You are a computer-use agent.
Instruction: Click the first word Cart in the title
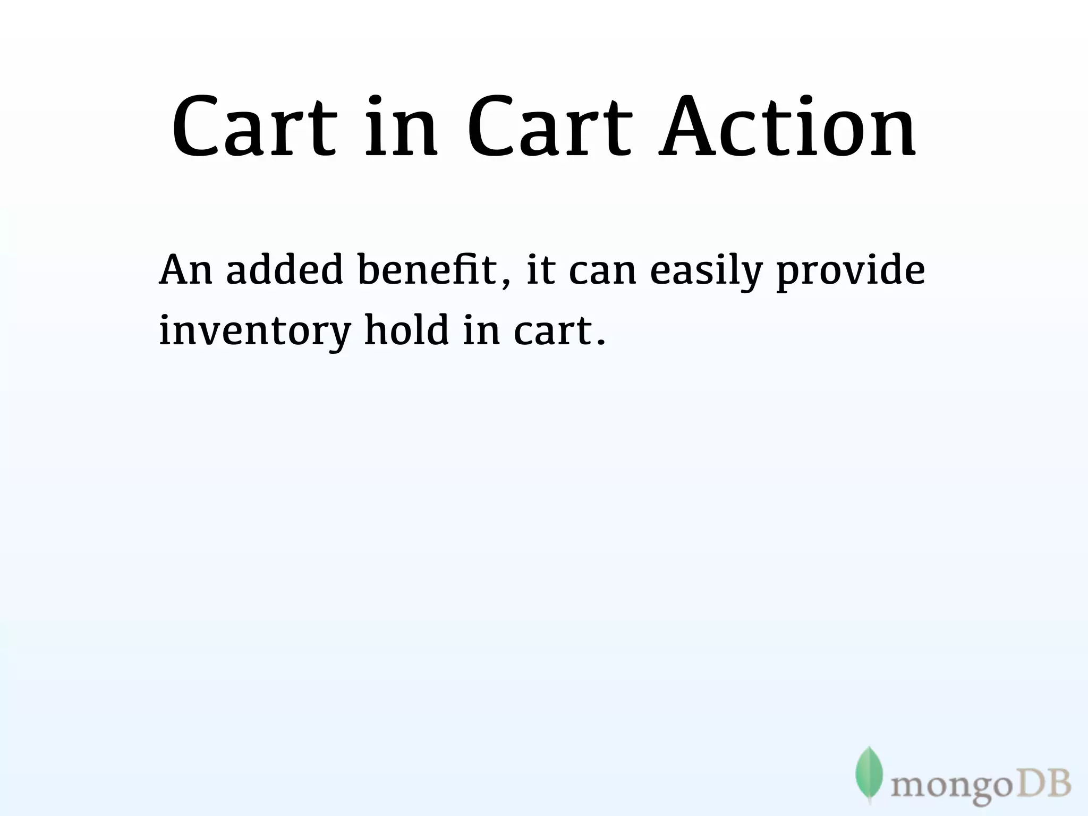coord(254,127)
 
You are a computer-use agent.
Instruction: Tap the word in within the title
coord(402,127)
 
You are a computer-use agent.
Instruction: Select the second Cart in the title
coord(549,127)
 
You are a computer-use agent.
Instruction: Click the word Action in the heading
coord(787,127)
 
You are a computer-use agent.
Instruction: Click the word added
coord(284,270)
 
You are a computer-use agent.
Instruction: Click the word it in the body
coord(540,270)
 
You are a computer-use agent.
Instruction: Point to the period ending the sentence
coord(601,341)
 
